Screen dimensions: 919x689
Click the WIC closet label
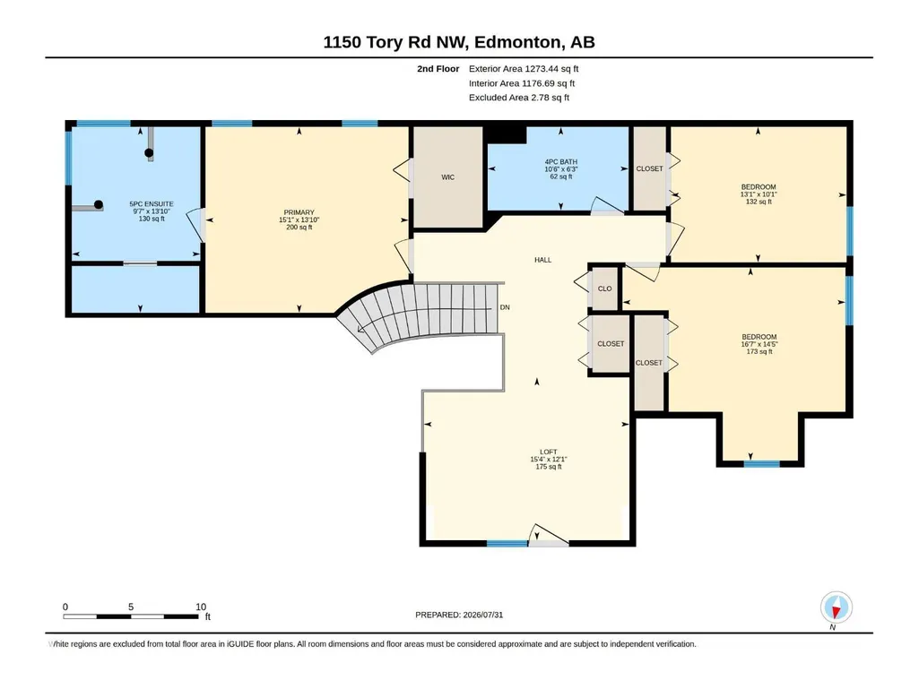[x=447, y=177]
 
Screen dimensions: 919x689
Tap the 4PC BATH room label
[x=561, y=161]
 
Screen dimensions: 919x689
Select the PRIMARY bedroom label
[x=299, y=212]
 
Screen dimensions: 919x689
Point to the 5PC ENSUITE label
[x=152, y=204]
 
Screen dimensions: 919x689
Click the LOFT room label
[x=549, y=452]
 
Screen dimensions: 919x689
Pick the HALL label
[x=542, y=260]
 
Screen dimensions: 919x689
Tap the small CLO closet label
[x=605, y=289]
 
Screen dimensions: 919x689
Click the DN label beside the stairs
[x=505, y=307]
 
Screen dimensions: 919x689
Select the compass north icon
[x=837, y=607]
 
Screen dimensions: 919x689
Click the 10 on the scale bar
[x=201, y=607]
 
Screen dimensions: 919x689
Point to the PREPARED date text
[x=459, y=615]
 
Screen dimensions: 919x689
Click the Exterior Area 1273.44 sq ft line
[x=524, y=69]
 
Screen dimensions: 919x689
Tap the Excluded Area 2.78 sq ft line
[x=519, y=98]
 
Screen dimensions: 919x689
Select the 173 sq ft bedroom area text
[x=759, y=351]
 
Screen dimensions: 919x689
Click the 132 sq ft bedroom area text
[x=759, y=202]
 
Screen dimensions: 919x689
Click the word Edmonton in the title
[x=517, y=42]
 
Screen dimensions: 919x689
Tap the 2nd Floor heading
[x=438, y=69]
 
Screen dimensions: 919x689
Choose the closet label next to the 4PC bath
[x=649, y=168]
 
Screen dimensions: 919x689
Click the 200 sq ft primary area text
[x=299, y=228]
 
